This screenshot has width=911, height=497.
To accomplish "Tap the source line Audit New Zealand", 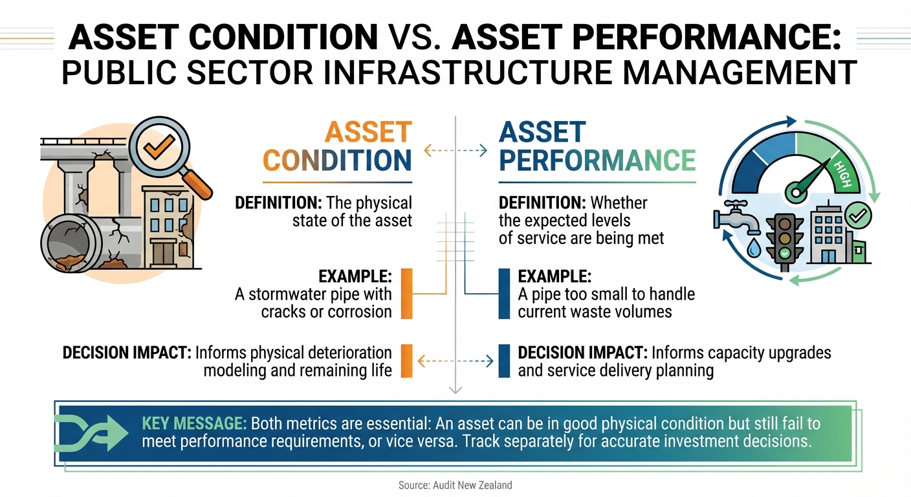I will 455,485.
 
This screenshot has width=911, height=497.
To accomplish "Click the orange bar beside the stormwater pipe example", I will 407,294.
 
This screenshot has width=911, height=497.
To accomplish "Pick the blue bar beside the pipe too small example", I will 504,294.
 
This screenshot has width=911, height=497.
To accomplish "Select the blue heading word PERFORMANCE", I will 597,160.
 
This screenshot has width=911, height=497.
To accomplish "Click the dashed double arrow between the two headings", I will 455,151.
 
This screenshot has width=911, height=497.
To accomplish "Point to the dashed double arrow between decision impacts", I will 455,360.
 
